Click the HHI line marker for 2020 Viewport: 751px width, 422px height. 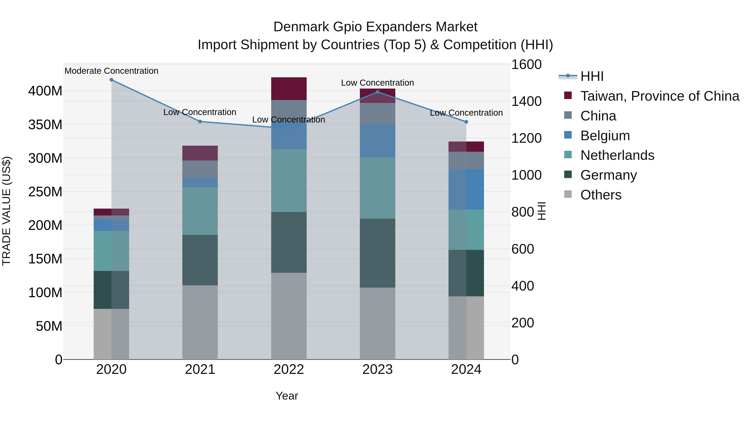[x=111, y=80]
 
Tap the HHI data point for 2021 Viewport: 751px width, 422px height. [x=200, y=121]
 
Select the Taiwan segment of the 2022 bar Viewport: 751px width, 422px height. [x=289, y=89]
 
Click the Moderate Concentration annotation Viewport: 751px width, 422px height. [x=111, y=71]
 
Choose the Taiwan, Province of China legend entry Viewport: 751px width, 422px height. [x=659, y=96]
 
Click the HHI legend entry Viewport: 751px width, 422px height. [x=592, y=76]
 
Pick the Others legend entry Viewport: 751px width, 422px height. [x=601, y=195]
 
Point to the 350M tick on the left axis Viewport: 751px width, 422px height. [x=45, y=125]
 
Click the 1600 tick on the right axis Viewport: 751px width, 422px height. [x=527, y=64]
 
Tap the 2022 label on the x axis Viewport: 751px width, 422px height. [x=289, y=369]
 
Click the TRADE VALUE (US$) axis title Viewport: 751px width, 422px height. [x=6, y=211]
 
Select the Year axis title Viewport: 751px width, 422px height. [x=287, y=396]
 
